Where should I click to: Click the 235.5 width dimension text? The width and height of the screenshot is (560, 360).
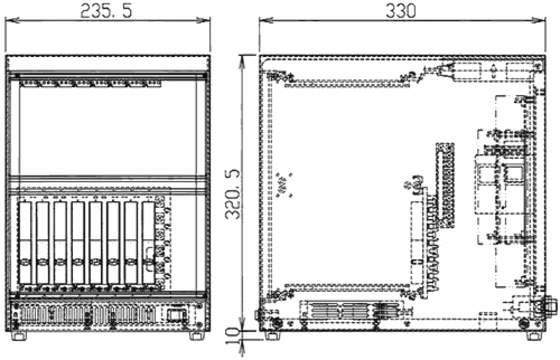[x=106, y=11]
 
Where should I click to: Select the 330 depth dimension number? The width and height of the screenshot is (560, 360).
[x=401, y=11]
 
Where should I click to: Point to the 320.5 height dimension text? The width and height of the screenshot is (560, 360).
[x=234, y=194]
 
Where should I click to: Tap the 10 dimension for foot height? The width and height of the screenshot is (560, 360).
[x=234, y=336]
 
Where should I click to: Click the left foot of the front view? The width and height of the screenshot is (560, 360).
[x=19, y=335]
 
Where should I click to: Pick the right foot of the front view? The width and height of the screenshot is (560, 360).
[x=195, y=335]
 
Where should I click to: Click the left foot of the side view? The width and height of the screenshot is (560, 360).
[x=273, y=335]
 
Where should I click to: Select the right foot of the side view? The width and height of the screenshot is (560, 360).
[x=534, y=335]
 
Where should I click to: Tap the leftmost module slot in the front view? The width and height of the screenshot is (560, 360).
[x=25, y=243]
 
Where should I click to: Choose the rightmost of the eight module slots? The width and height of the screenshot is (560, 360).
[x=148, y=243]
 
